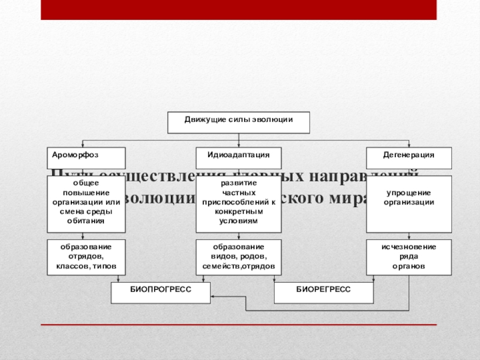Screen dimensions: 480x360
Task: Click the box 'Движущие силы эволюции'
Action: pyautogui.click(x=238, y=122)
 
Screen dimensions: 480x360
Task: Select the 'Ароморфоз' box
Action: pyautogui.click(x=86, y=158)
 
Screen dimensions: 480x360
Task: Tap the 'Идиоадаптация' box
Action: pyautogui.click(x=238, y=158)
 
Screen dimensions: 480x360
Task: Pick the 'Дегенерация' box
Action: pyautogui.click(x=409, y=158)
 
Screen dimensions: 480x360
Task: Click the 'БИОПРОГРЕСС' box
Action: pyautogui.click(x=161, y=293)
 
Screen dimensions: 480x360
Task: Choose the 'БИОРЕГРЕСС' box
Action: pyautogui.click(x=323, y=293)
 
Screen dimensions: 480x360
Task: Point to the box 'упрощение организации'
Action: pyautogui.click(x=409, y=204)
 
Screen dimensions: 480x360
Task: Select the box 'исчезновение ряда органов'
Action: pyautogui.click(x=409, y=257)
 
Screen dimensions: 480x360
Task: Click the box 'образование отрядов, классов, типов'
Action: pyautogui.click(x=86, y=257)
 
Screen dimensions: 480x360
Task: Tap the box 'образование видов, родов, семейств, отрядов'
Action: pyautogui.click(x=238, y=257)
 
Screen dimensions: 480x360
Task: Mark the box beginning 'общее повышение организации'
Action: pyautogui.click(x=86, y=204)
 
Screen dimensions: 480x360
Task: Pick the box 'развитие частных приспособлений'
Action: pyautogui.click(x=238, y=204)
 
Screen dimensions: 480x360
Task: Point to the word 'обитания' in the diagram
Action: pyautogui.click(x=86, y=221)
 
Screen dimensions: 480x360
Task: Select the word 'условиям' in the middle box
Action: pyautogui.click(x=238, y=221)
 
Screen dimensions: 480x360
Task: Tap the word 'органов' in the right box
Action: pyautogui.click(x=409, y=265)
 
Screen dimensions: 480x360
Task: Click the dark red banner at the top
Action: pyautogui.click(x=238, y=10)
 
